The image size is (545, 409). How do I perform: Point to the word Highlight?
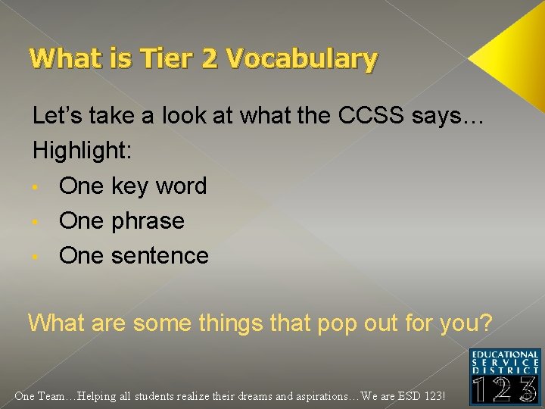pos(83,151)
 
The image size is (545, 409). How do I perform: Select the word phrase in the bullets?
pos(148,221)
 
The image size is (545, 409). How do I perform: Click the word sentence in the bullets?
pos(160,256)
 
